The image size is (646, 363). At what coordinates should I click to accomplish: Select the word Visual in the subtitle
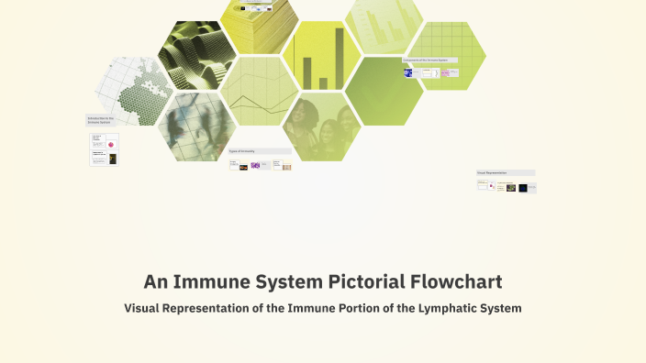pyautogui.click(x=146, y=309)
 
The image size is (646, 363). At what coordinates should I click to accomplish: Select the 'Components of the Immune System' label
pyautogui.click(x=429, y=60)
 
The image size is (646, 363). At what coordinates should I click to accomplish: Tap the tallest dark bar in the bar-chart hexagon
pyautogui.click(x=338, y=58)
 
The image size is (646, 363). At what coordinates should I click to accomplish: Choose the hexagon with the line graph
pyautogui.click(x=259, y=92)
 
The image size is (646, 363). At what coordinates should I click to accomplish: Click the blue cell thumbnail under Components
pyautogui.click(x=408, y=72)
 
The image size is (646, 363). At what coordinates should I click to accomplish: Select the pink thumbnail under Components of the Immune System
pyautogui.click(x=445, y=72)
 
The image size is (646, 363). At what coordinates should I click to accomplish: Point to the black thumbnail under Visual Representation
pyautogui.click(x=523, y=188)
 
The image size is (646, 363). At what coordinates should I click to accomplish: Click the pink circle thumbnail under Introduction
pyautogui.click(x=111, y=145)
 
